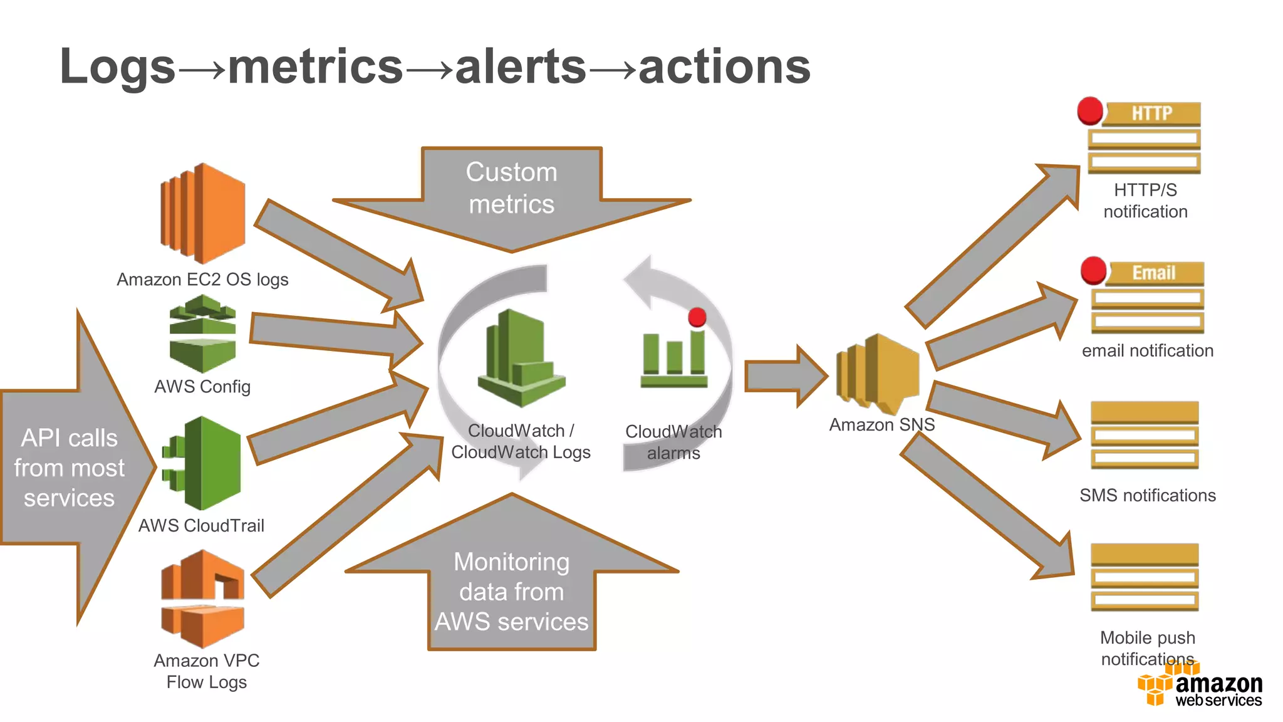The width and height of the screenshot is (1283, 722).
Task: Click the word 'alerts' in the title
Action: coord(521,67)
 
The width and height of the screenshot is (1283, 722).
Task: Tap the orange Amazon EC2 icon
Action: coord(202,213)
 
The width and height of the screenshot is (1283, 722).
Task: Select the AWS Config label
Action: coord(202,387)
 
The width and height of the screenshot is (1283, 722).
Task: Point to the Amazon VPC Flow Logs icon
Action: coord(202,599)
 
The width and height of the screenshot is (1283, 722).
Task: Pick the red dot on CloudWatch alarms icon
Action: coord(697,317)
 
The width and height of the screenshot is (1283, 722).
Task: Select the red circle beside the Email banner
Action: coord(1094,270)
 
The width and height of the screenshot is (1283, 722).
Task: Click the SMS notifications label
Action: coord(1147,495)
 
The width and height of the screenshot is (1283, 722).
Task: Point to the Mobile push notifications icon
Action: coord(1145,577)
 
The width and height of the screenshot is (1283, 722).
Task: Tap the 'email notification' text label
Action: coord(1147,350)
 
